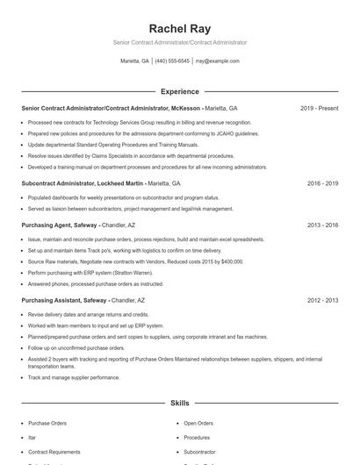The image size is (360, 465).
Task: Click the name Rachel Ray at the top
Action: (179, 28)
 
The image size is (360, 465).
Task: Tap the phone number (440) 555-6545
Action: (172, 61)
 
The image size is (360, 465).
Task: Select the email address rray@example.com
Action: (217, 61)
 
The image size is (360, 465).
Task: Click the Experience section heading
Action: (179, 91)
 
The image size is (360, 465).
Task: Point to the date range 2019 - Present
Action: (319, 109)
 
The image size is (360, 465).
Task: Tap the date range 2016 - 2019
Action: (322, 184)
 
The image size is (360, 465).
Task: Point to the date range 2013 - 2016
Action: (322, 225)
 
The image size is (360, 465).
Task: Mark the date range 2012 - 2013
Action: (322, 301)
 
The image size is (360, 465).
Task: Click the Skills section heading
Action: (179, 403)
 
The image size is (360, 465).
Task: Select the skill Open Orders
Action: (198, 423)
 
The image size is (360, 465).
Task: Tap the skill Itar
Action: (32, 437)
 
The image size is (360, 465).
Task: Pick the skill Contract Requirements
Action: (54, 451)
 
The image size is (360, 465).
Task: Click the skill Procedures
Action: (197, 437)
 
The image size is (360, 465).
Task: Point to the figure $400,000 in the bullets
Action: (232, 261)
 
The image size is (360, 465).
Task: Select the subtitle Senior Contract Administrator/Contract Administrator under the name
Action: (179, 42)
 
